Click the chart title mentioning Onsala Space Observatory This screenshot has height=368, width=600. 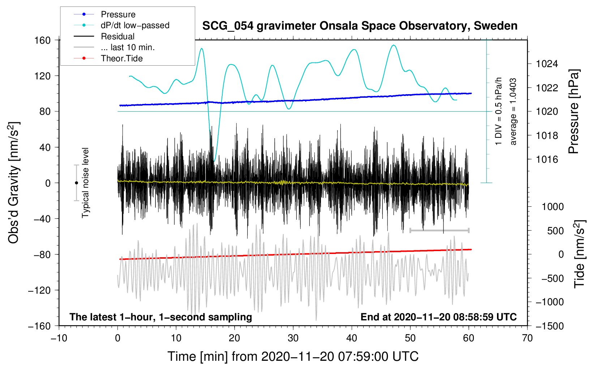click(360, 26)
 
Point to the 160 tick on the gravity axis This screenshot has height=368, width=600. click(43, 40)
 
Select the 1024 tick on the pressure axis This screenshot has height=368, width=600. click(547, 64)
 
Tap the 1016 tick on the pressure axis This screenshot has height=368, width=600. click(547, 159)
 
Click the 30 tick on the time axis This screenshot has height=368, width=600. click(293, 338)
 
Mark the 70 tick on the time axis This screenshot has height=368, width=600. click(527, 338)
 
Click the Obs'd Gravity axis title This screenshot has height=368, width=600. click(14, 183)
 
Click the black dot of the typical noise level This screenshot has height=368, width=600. click(76, 183)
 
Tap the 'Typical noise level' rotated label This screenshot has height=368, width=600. click(85, 183)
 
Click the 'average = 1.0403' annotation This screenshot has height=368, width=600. click(513, 112)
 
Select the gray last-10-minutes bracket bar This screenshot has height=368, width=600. click(439, 230)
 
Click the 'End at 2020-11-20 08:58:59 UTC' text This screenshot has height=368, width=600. click(438, 317)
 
